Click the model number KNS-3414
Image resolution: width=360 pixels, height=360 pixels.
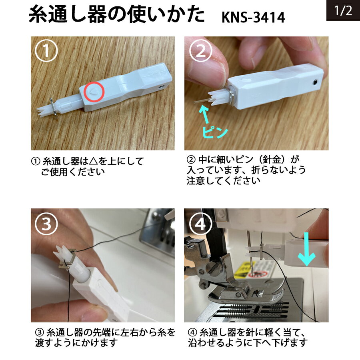point(253,17)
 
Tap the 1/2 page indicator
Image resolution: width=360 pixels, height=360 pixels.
point(343,10)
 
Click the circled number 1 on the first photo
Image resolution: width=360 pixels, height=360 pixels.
point(46,51)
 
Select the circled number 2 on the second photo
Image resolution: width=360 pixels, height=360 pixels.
point(200,51)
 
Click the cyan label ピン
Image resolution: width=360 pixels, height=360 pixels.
point(215,132)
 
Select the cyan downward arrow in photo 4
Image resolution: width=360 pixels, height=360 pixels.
point(307,249)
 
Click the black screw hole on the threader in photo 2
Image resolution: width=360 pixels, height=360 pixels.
point(316,82)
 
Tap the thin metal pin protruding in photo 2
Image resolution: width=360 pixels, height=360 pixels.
point(202,101)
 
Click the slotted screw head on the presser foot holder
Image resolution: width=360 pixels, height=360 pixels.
point(211,268)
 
